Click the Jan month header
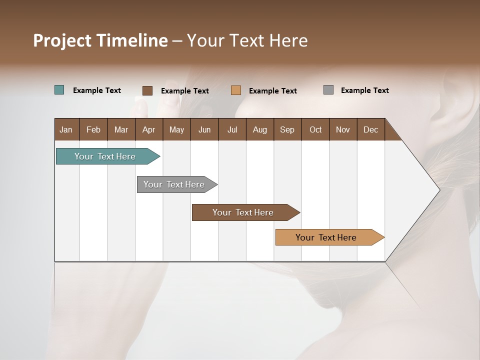[66, 129]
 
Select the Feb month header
[93, 129]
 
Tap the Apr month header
[148, 129]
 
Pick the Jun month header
[204, 129]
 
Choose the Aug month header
[259, 129]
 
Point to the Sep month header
[287, 129]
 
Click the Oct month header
[315, 129]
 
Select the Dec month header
[370, 129]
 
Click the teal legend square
[59, 90]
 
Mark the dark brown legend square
[147, 90]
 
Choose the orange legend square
[236, 90]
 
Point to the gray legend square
[328, 90]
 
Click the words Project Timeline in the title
[100, 40]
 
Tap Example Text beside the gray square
[364, 90]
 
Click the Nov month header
[343, 129]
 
